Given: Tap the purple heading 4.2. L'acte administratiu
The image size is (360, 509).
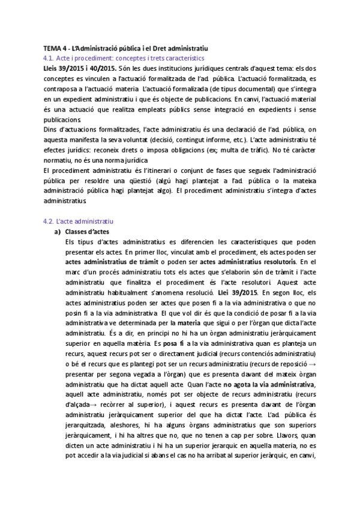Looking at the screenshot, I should click(79, 221).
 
